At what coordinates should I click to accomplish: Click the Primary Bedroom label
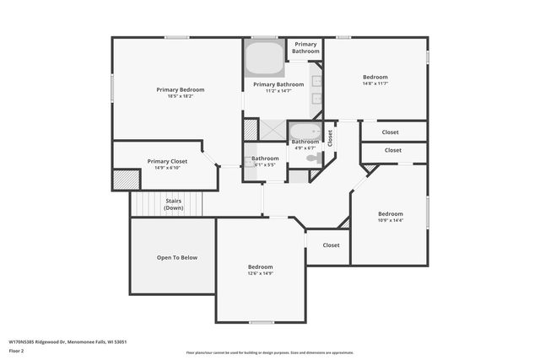coord(180,89)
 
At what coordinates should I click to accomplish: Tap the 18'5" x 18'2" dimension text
coord(180,96)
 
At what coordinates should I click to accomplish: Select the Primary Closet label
coord(167,161)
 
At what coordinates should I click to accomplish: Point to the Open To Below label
coord(177,257)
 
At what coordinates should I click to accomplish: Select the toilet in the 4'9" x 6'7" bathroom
coord(311,158)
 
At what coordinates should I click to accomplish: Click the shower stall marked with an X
coord(273,129)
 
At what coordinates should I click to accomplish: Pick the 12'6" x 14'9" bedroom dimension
coord(260,273)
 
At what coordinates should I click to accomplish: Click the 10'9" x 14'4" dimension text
coord(390,220)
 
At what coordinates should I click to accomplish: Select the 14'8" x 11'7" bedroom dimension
coord(375,83)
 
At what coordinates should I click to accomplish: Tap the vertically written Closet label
coord(330,137)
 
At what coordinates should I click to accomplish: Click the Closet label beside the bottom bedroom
coord(331,245)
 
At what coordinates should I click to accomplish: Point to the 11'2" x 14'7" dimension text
coord(278,91)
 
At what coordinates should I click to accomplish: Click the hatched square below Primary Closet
coord(126,179)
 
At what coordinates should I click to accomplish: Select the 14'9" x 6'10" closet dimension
coord(167,168)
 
